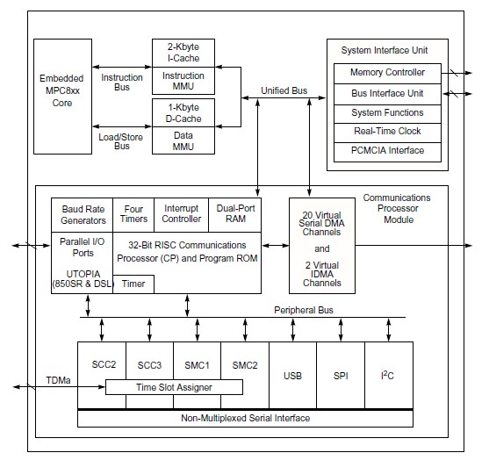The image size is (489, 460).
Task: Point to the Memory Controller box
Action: point(387,73)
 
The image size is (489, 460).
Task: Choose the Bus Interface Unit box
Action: point(387,92)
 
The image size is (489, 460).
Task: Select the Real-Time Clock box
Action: point(387,132)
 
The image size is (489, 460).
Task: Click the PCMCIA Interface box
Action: point(387,151)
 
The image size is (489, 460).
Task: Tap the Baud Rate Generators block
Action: point(83,213)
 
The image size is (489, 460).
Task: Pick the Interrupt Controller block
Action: point(181,213)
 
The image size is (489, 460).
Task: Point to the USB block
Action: point(292,376)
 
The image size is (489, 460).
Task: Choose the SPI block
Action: point(340,376)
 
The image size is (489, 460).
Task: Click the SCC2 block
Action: point(102,363)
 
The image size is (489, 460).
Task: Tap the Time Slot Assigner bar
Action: point(173,387)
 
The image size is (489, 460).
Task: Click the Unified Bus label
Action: point(283,91)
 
